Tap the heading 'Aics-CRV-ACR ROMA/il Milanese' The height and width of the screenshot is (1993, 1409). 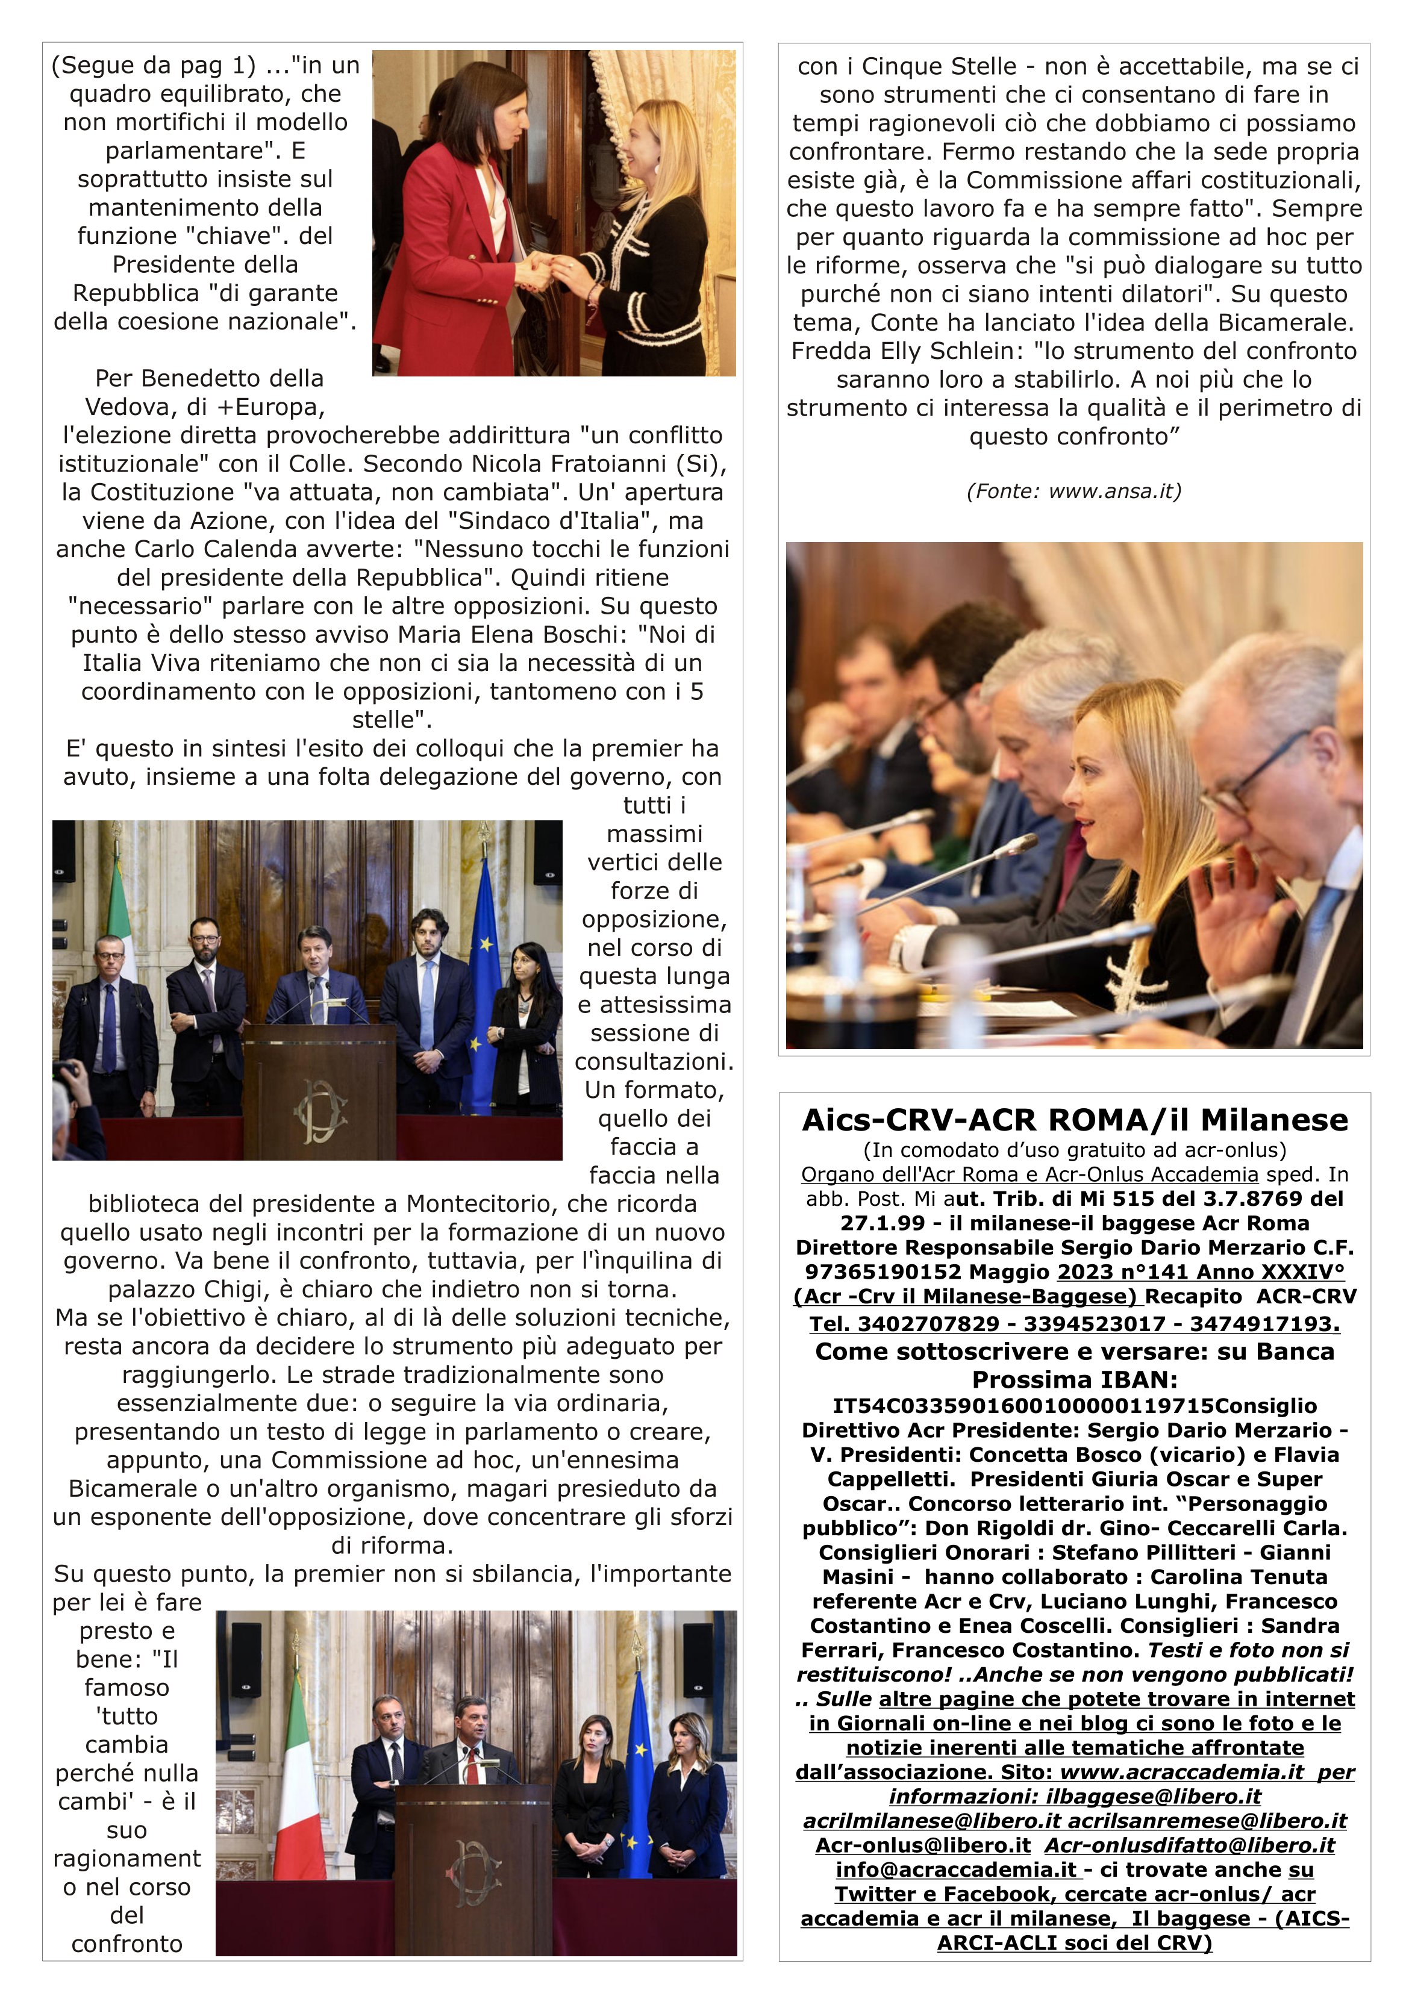[1074, 1121]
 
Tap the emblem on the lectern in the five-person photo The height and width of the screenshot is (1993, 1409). [320, 1113]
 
